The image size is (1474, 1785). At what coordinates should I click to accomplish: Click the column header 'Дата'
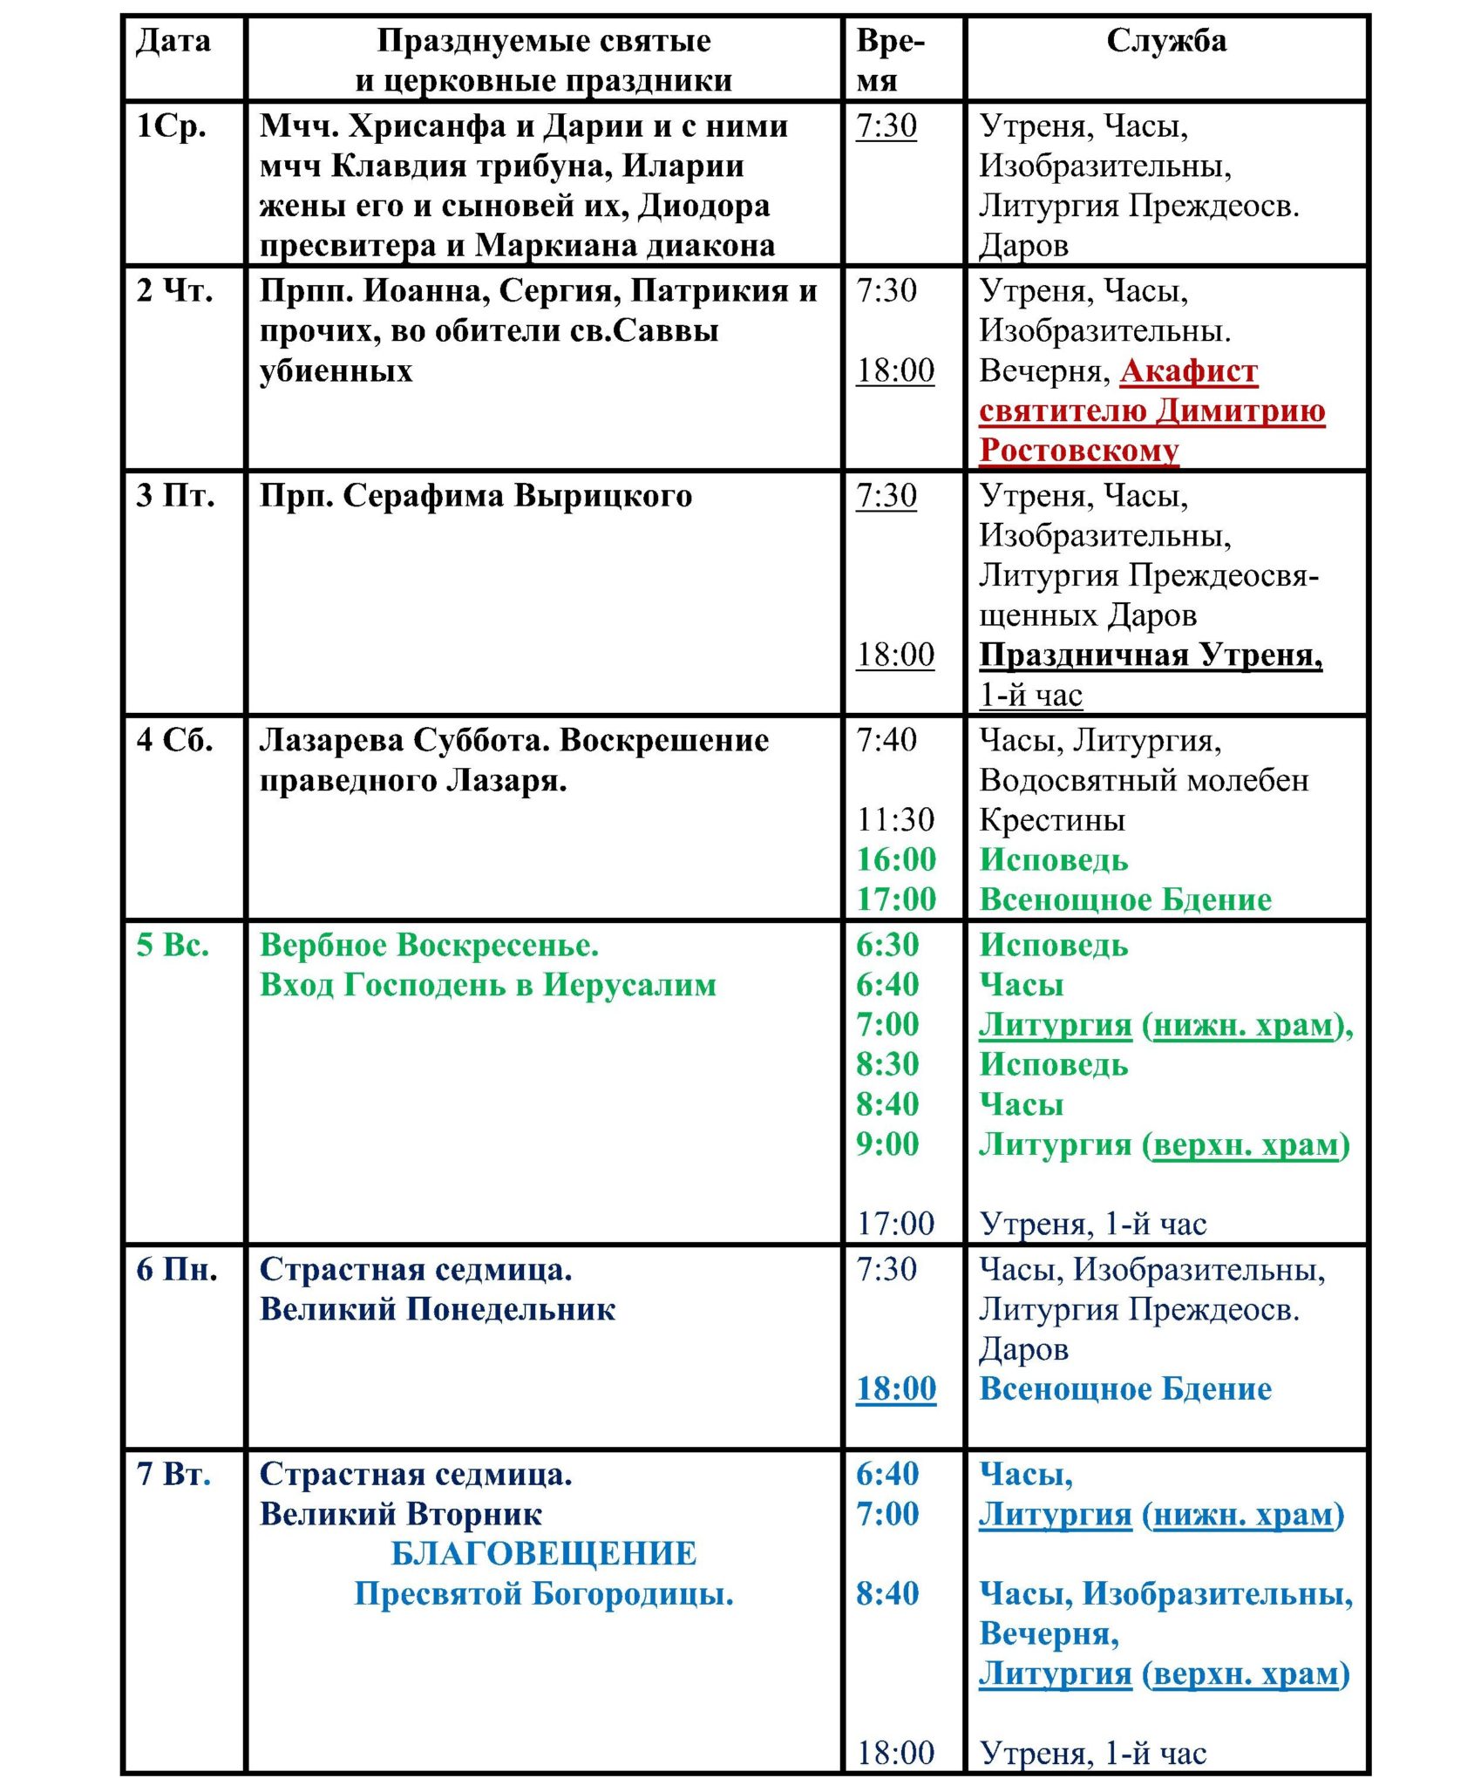(x=173, y=41)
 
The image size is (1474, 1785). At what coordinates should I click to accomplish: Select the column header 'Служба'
(x=1165, y=41)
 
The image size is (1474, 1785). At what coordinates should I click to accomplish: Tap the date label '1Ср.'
(x=171, y=126)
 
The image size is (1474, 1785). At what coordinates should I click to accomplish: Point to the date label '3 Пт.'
(x=175, y=495)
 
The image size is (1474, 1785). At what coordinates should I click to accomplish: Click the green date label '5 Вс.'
(x=173, y=945)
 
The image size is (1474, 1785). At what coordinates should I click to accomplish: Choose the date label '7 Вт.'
(x=173, y=1474)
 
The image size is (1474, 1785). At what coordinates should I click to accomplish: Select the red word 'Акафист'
(x=1188, y=371)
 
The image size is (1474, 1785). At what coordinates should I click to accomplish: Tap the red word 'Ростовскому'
(x=1078, y=451)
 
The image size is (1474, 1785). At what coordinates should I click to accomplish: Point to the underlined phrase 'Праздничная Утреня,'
(x=1150, y=655)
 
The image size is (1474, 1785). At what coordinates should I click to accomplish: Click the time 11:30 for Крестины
(x=895, y=819)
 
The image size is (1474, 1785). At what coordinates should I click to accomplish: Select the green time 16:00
(x=895, y=859)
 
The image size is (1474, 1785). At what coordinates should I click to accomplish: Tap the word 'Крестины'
(x=1051, y=820)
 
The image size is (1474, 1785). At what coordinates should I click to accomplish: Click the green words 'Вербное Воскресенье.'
(x=429, y=945)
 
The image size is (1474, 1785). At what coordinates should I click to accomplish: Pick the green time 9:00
(x=886, y=1144)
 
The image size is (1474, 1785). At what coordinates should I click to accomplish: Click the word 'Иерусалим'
(x=629, y=985)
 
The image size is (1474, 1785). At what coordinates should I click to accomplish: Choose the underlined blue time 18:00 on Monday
(x=895, y=1388)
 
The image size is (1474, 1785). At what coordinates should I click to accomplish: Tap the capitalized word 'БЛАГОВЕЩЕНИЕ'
(x=544, y=1553)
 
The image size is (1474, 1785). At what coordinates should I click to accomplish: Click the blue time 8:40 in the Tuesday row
(x=886, y=1593)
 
